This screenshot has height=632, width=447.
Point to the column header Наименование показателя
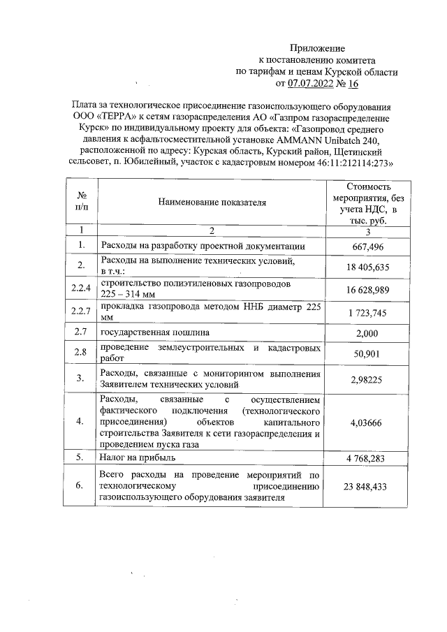[x=212, y=203]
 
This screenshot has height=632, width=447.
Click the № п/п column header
[x=82, y=203]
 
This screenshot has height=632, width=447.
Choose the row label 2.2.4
[x=82, y=289]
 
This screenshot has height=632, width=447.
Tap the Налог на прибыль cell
[x=138, y=457]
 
